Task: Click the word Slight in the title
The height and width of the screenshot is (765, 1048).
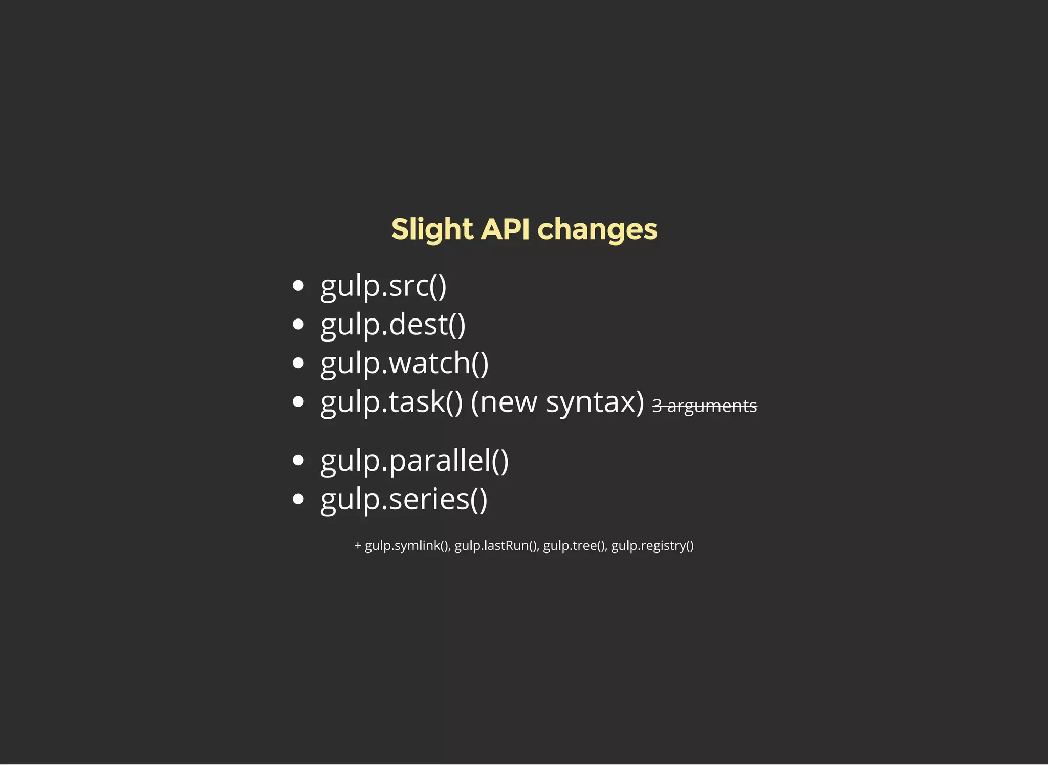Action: click(x=431, y=229)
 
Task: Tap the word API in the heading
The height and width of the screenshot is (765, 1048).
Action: click(x=505, y=229)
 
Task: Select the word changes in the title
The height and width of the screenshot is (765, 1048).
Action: click(x=597, y=229)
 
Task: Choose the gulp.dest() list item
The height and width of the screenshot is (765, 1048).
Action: click(x=392, y=325)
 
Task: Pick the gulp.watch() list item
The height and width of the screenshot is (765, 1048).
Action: click(x=404, y=363)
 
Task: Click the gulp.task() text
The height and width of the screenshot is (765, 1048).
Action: click(x=391, y=402)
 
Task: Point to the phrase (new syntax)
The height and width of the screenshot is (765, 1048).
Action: click(x=557, y=402)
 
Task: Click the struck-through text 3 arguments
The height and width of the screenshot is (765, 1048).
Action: click(x=704, y=406)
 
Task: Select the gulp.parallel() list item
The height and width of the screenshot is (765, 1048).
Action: click(x=414, y=460)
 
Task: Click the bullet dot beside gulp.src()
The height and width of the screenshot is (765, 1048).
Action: click(x=298, y=286)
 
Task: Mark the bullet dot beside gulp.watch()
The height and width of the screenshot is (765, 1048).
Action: click(x=298, y=363)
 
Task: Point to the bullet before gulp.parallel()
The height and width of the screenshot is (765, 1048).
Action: click(x=298, y=460)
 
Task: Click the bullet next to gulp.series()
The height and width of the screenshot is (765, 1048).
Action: click(x=298, y=499)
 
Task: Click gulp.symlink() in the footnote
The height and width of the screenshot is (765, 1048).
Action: click(x=407, y=546)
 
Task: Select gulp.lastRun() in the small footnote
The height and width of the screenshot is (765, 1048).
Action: click(x=496, y=546)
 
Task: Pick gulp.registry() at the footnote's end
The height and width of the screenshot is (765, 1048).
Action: click(x=652, y=546)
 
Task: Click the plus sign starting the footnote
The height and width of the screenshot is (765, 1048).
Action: click(x=358, y=546)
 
